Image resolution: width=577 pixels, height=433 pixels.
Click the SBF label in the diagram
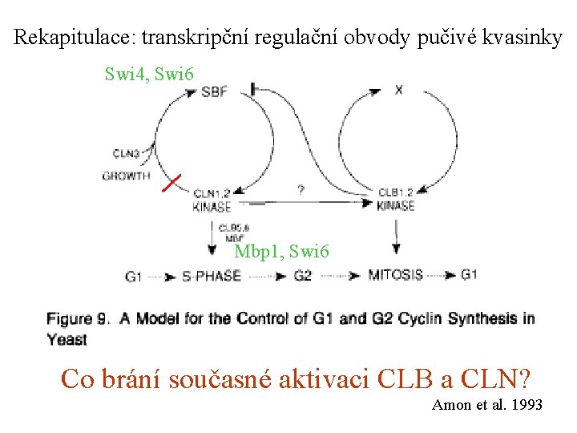click(215, 91)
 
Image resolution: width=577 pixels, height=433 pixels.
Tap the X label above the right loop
click(398, 90)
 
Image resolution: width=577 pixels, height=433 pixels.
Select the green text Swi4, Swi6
click(150, 75)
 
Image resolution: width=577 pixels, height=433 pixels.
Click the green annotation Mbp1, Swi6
click(281, 252)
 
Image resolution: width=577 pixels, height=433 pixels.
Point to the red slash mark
click(171, 182)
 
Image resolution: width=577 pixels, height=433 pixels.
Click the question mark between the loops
click(301, 191)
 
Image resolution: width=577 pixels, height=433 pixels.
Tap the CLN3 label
click(125, 154)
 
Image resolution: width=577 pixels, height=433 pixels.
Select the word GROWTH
click(126, 176)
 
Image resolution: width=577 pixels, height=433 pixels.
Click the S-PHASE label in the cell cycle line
click(212, 277)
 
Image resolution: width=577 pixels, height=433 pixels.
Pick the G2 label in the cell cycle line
click(303, 277)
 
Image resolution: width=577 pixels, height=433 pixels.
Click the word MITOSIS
click(396, 275)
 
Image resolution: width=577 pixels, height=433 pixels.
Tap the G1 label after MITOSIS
click(470, 275)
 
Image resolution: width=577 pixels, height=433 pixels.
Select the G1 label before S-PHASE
click(135, 277)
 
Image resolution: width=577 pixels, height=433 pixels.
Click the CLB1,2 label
click(395, 192)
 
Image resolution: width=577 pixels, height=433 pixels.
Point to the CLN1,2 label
click(212, 192)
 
